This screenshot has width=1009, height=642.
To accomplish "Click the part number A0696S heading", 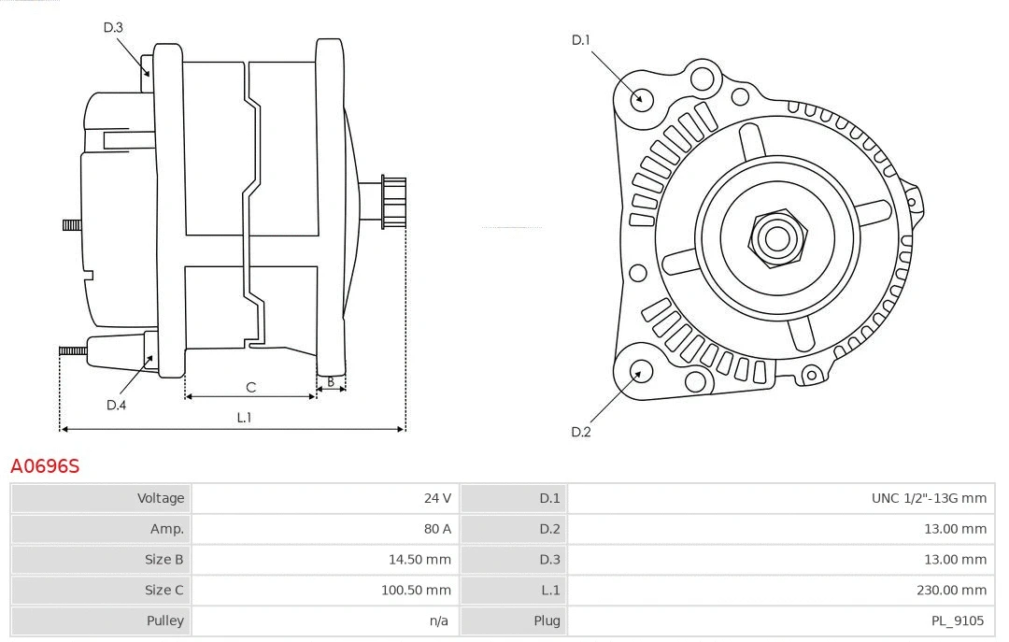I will (x=45, y=465).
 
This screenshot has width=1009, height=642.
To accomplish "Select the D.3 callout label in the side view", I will (x=113, y=27).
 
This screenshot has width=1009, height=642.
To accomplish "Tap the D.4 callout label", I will (x=116, y=405).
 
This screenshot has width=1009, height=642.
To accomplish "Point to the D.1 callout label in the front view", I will (x=581, y=39).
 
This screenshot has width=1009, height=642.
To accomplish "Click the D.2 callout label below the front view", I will (x=581, y=432).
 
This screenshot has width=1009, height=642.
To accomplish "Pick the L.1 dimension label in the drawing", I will (x=244, y=418).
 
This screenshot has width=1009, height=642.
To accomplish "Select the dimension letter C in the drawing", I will (x=250, y=387).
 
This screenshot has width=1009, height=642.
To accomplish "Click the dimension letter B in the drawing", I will (x=330, y=381).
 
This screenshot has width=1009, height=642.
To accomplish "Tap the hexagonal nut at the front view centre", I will (x=776, y=237).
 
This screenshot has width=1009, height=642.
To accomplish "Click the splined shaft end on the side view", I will (x=393, y=202).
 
